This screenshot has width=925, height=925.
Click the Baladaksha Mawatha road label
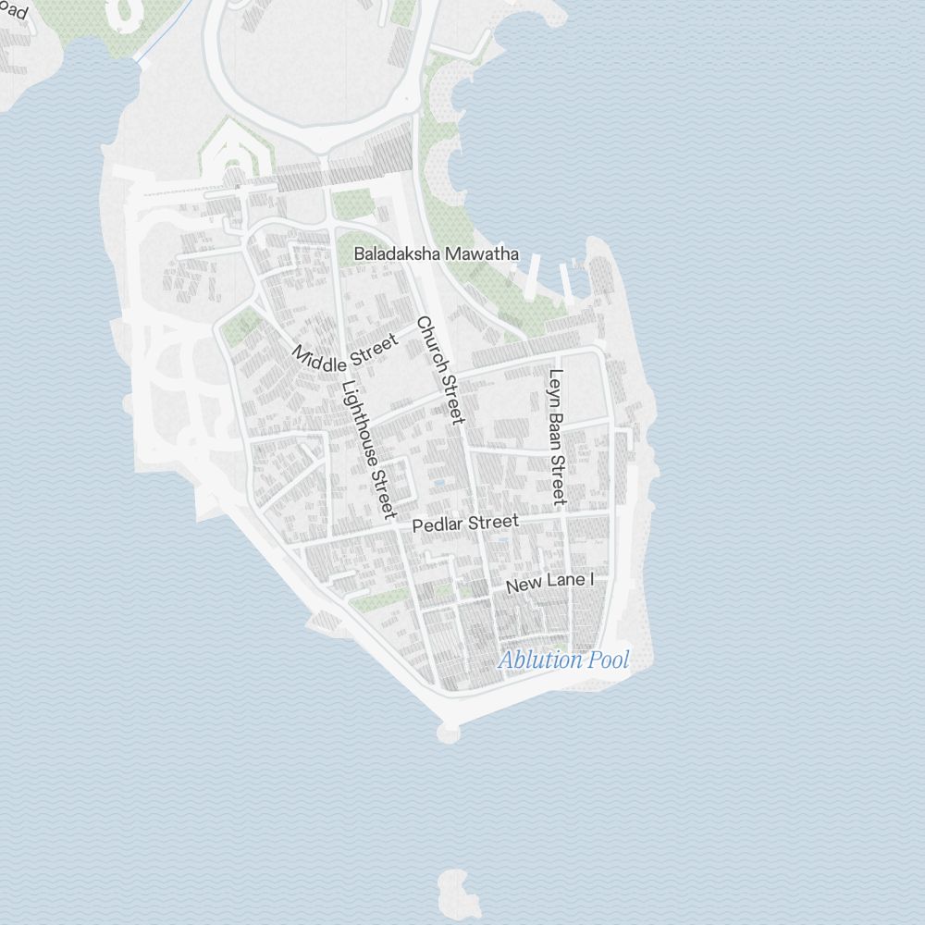click(x=437, y=253)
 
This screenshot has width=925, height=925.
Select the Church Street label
click(x=439, y=370)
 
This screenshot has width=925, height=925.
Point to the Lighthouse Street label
click(x=369, y=450)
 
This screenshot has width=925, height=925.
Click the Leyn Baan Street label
click(x=556, y=438)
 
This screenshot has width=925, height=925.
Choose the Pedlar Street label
click(x=465, y=524)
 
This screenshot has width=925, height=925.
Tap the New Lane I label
click(x=549, y=583)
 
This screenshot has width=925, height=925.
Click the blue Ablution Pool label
click(x=563, y=660)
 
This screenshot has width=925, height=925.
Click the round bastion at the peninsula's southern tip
click(x=449, y=733)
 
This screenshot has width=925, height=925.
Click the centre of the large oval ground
click(x=314, y=69)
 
